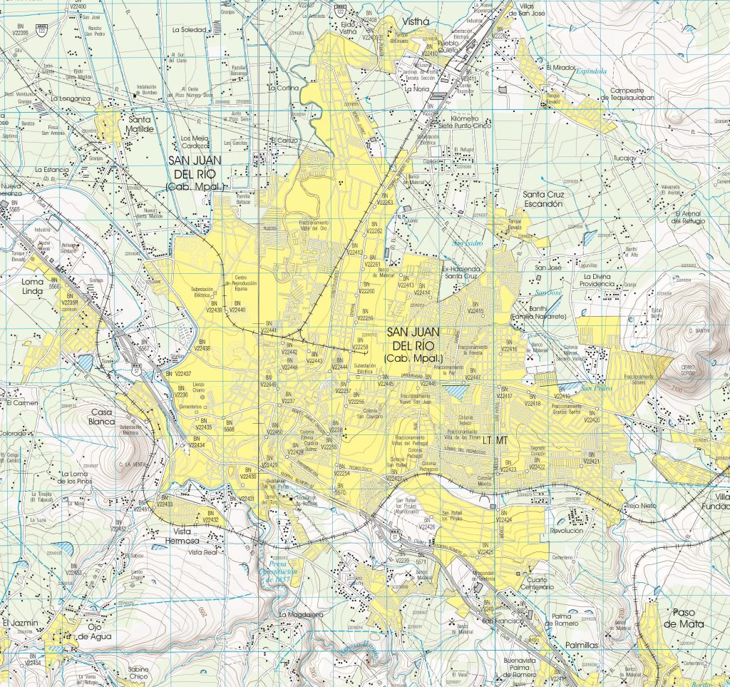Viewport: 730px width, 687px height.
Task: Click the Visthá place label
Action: [416, 21]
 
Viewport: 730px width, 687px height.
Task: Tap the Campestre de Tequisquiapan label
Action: [627, 95]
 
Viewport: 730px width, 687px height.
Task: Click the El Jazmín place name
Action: [19, 623]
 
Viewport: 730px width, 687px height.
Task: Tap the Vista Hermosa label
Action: [192, 537]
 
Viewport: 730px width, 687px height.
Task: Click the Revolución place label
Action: [566, 531]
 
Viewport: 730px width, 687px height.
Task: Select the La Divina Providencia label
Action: [598, 280]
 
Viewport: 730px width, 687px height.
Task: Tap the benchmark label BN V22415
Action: [475, 308]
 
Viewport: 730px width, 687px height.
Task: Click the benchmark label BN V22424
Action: [504, 518]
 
